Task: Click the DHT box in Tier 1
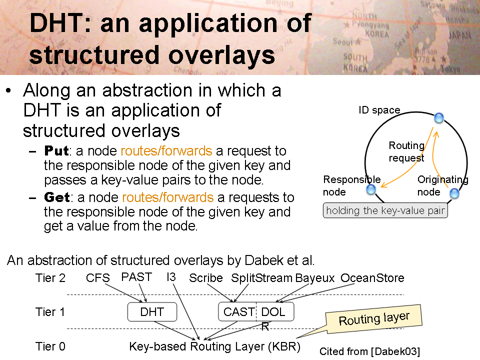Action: pyautogui.click(x=152, y=312)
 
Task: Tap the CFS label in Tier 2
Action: pyautogui.click(x=97, y=278)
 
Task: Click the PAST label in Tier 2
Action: pyautogui.click(x=136, y=277)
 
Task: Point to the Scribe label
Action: pyautogui.click(x=205, y=278)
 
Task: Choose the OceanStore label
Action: pyautogui.click(x=372, y=278)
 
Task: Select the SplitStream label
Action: pyautogui.click(x=261, y=278)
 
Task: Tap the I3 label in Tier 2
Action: pyautogui.click(x=171, y=277)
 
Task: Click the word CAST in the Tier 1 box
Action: pyautogui.click(x=239, y=312)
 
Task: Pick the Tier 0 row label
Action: pyautogui.click(x=50, y=346)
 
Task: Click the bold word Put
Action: pyautogui.click(x=56, y=150)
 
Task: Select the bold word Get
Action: pyautogui.click(x=57, y=197)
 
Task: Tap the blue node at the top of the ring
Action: pyautogui.click(x=439, y=118)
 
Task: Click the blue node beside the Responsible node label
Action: pyautogui.click(x=371, y=189)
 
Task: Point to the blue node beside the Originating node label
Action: pyautogui.click(x=454, y=193)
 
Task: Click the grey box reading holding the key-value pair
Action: pyautogui.click(x=385, y=210)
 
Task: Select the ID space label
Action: pyautogui.click(x=379, y=110)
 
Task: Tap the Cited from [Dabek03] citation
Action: pyautogui.click(x=370, y=351)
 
